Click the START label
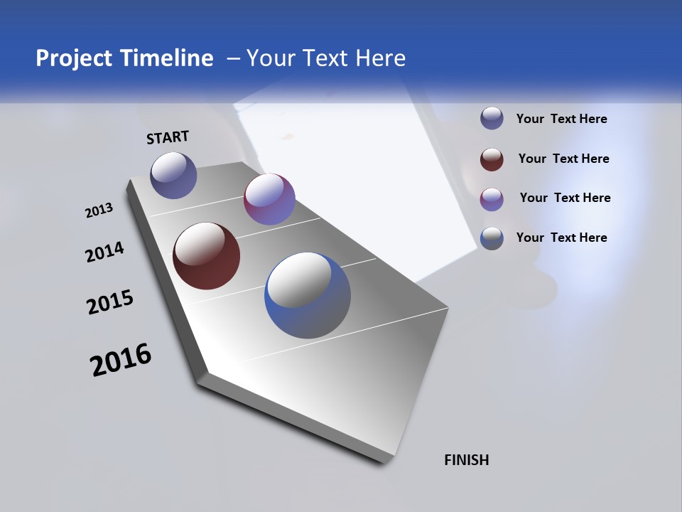point(168,137)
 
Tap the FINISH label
point(467,460)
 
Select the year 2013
point(99,210)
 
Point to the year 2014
point(104,252)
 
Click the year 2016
point(121,360)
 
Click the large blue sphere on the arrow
point(308,295)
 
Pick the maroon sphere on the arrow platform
point(206,256)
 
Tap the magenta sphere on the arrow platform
point(269,199)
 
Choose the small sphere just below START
point(173,175)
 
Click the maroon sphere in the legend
point(492,159)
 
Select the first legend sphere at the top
point(492,118)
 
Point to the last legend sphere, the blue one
point(492,238)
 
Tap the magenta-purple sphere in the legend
point(492,199)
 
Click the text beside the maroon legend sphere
point(563,159)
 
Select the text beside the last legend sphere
point(561,238)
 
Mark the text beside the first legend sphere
point(561,119)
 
